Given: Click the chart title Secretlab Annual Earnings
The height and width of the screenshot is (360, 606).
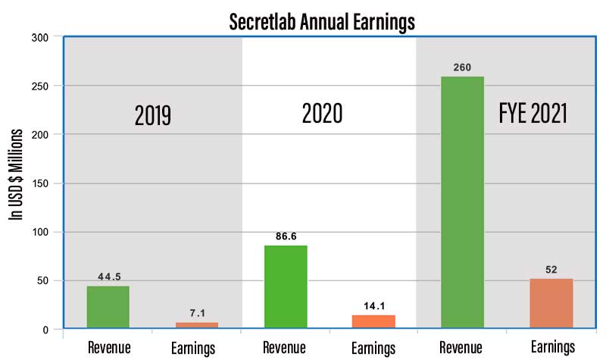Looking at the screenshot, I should pyautogui.click(x=322, y=21).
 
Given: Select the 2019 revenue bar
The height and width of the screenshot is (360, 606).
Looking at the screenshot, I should pyautogui.click(x=108, y=307).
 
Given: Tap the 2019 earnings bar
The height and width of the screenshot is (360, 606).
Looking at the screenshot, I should pyautogui.click(x=197, y=325).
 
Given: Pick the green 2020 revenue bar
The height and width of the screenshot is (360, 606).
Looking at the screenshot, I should pyautogui.click(x=286, y=286).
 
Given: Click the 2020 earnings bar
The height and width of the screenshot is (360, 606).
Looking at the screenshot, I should pyautogui.click(x=373, y=321).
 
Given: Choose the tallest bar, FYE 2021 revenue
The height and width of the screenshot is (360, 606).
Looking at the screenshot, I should pyautogui.click(x=462, y=202).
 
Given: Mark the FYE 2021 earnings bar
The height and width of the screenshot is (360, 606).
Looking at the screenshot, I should pyautogui.click(x=551, y=303).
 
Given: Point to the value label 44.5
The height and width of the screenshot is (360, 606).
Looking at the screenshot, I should pyautogui.click(x=108, y=277).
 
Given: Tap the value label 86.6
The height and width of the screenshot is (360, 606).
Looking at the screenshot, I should pyautogui.click(x=286, y=236).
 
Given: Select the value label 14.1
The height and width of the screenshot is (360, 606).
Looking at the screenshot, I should pyautogui.click(x=373, y=306).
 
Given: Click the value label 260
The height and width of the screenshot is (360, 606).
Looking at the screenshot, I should pyautogui.click(x=462, y=67).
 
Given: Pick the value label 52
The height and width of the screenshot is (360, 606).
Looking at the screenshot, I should pyautogui.click(x=551, y=269).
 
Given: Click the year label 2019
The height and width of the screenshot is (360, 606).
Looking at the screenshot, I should pyautogui.click(x=153, y=116).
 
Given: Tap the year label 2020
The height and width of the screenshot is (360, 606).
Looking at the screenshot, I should pyautogui.click(x=322, y=114).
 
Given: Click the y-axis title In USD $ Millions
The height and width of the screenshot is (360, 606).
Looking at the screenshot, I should pyautogui.click(x=15, y=174).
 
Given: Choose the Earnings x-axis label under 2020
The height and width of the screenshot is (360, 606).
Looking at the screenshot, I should pyautogui.click(x=373, y=349).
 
